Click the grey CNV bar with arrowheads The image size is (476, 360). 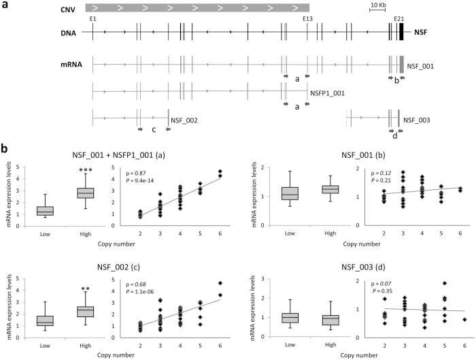(197, 7)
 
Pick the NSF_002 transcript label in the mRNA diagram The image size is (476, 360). (184, 120)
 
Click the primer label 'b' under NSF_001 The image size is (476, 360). (396, 80)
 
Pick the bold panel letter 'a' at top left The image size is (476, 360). (5, 5)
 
